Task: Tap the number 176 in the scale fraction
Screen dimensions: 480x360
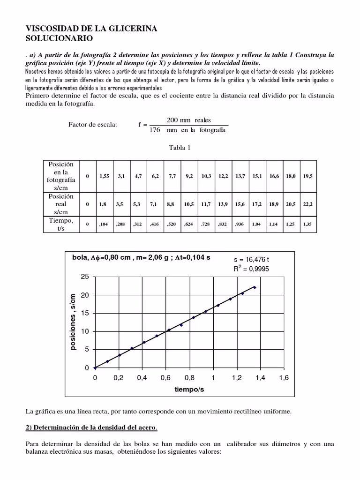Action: pyautogui.click(x=155, y=130)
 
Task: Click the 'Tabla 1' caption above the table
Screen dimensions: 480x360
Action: pyautogui.click(x=180, y=148)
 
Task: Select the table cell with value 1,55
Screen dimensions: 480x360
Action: pyautogui.click(x=104, y=176)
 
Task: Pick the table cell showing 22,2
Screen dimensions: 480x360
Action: pyautogui.click(x=307, y=204)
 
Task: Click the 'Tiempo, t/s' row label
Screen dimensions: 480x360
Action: pyautogui.click(x=61, y=224)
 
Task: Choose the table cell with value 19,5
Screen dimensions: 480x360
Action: pyautogui.click(x=307, y=176)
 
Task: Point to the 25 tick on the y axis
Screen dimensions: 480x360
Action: pyautogui.click(x=84, y=277)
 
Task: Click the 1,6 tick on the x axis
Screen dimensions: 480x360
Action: pyautogui.click(x=284, y=378)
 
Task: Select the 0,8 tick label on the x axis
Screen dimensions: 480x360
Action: pyautogui.click(x=189, y=378)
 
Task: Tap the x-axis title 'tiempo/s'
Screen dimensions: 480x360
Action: pyautogui.click(x=189, y=390)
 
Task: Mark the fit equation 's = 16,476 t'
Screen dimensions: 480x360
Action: pyautogui.click(x=251, y=259)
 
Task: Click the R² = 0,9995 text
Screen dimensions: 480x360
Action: pyautogui.click(x=251, y=269)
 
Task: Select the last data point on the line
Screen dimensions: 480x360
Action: pyautogui.click(x=255, y=287)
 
